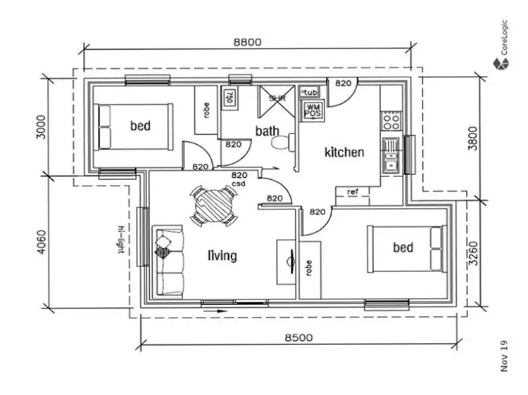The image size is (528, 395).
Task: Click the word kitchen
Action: coord(344,152)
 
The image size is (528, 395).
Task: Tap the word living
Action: coord(222,256)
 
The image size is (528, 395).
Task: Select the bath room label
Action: coord(267,131)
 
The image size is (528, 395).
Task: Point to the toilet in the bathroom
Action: coord(281,143)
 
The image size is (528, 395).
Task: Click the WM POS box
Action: coord(311,110)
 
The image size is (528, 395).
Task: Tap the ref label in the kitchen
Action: coord(351,191)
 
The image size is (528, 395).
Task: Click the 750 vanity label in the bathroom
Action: coord(228,98)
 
